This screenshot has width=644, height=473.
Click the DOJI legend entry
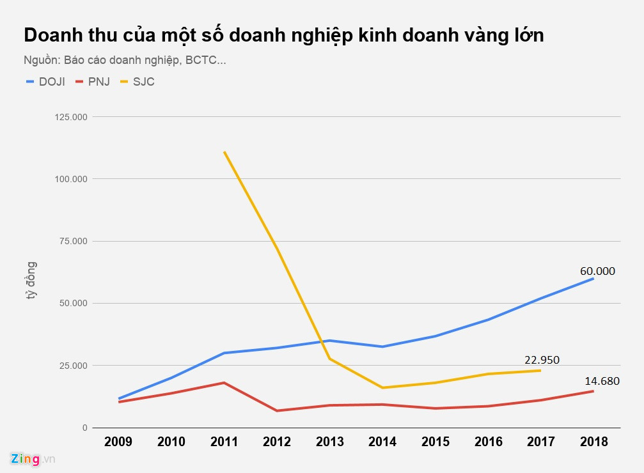click(x=45, y=82)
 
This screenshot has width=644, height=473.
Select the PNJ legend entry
click(x=92, y=82)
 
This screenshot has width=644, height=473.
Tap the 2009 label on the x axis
click(x=118, y=442)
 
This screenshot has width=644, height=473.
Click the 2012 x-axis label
click(x=277, y=442)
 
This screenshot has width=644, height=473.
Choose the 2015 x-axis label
click(x=436, y=442)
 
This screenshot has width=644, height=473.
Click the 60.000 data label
click(x=597, y=271)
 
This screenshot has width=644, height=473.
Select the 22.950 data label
click(x=541, y=360)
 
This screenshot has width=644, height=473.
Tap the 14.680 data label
click(x=602, y=382)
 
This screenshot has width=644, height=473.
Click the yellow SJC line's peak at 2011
click(x=224, y=152)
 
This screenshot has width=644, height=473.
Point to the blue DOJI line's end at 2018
click(x=593, y=279)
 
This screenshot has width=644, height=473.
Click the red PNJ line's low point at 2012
click(x=277, y=410)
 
